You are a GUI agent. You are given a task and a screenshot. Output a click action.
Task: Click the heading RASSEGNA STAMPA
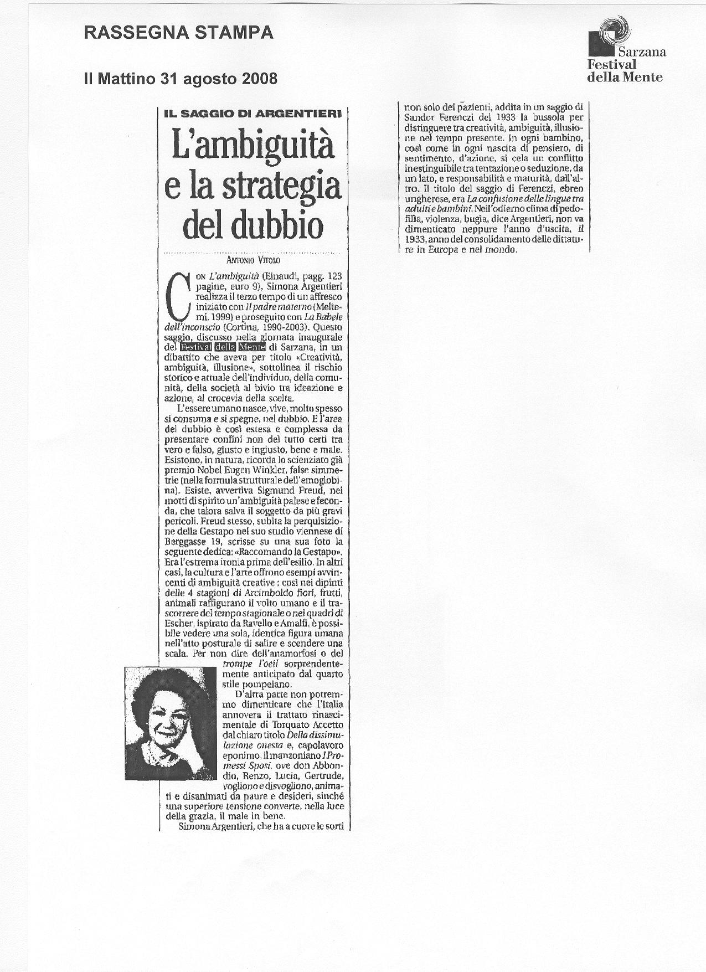pyautogui.click(x=178, y=34)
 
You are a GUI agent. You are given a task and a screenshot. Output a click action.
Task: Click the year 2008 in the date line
pyautogui.click(x=259, y=79)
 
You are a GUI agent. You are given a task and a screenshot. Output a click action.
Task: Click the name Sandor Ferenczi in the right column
pyautogui.click(x=440, y=117)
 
